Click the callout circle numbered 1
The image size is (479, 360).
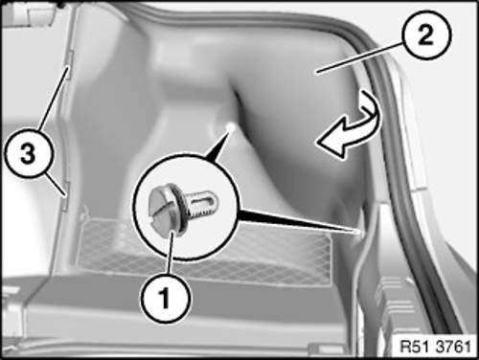(x=166, y=298)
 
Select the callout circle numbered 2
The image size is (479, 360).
(x=426, y=35)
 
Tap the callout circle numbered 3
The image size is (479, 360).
(x=29, y=154)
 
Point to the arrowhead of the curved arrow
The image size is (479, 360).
(x=329, y=145)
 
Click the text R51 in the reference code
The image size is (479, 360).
(x=413, y=347)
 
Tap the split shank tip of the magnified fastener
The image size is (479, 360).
(x=209, y=201)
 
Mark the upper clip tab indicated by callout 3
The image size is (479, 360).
(x=71, y=64)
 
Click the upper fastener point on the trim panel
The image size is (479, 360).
(x=231, y=126)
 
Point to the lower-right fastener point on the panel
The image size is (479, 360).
(x=359, y=232)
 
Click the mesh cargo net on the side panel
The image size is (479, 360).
(x=204, y=252)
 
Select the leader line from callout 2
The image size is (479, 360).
(x=359, y=58)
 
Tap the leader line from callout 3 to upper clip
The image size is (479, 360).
(x=54, y=99)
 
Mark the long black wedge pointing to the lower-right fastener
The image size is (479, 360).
(x=299, y=220)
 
